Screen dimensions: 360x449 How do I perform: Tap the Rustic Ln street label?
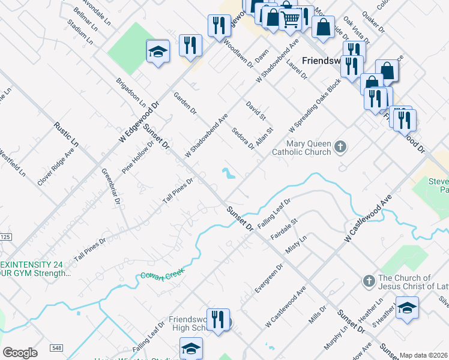pos(66,134)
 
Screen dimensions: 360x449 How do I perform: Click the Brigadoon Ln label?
pos(127,91)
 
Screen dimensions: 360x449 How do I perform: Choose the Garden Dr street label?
pos(185,103)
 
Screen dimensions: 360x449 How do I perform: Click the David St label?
pos(256,110)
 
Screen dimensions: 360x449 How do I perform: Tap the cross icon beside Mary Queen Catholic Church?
pos(340,147)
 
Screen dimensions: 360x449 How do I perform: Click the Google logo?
pos(20,353)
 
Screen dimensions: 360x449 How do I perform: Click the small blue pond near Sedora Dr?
pos(228,174)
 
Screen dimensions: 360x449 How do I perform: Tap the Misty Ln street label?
pos(295,246)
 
